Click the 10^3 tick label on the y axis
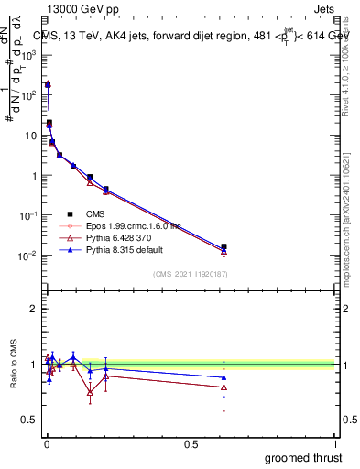(28, 54)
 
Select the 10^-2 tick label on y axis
(28, 256)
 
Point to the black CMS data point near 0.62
(224, 246)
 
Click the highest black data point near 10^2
(48, 84)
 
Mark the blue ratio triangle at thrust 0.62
(224, 377)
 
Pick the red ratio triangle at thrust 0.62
(224, 387)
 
